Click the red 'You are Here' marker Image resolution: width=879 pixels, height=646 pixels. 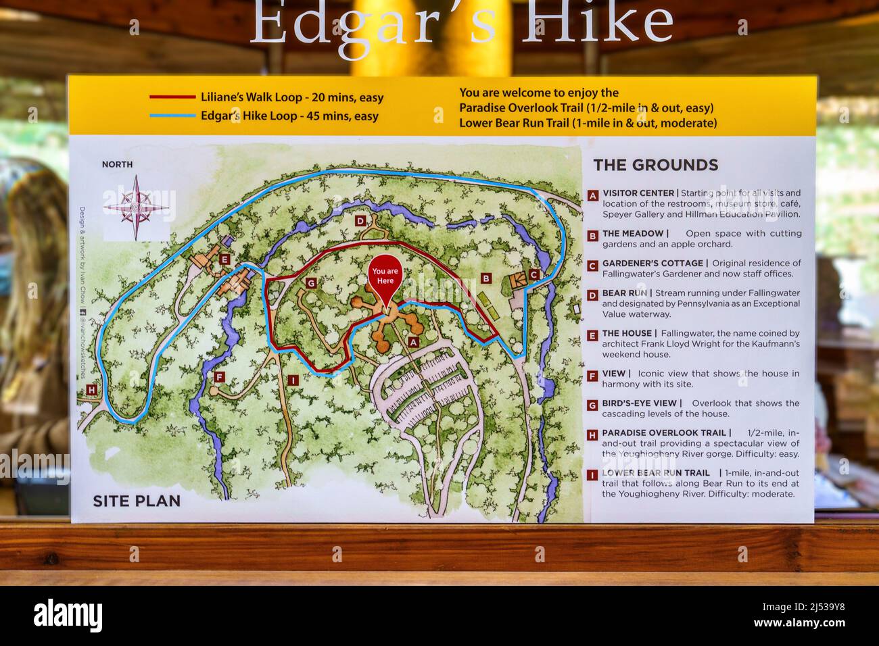point(385,278)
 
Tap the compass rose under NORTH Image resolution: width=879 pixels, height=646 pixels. point(136,206)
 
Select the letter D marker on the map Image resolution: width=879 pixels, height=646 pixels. point(360,220)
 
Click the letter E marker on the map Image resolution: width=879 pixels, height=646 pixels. point(224,259)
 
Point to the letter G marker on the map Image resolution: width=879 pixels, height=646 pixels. point(311,283)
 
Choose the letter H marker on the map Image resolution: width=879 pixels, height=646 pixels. point(91,390)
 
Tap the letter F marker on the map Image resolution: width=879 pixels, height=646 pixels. point(218,376)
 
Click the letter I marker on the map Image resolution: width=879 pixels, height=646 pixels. point(292,380)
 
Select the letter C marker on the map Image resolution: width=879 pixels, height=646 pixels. point(533,274)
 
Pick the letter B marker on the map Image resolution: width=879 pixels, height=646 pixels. point(485,278)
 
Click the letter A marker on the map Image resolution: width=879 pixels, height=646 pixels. point(413,342)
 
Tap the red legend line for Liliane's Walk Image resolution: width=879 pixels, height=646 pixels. point(172,97)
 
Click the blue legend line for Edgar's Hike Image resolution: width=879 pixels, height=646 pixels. point(172,116)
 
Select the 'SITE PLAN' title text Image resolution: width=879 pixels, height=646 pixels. point(137,501)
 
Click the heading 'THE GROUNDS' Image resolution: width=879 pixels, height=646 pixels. point(655,165)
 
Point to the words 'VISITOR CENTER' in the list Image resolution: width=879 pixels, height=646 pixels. point(638,193)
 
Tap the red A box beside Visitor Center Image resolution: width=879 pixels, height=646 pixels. point(592,195)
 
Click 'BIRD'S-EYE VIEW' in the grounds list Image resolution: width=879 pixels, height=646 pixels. point(640,403)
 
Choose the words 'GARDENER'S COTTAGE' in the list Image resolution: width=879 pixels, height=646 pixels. point(652,264)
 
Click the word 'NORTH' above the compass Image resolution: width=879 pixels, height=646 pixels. point(117,164)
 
